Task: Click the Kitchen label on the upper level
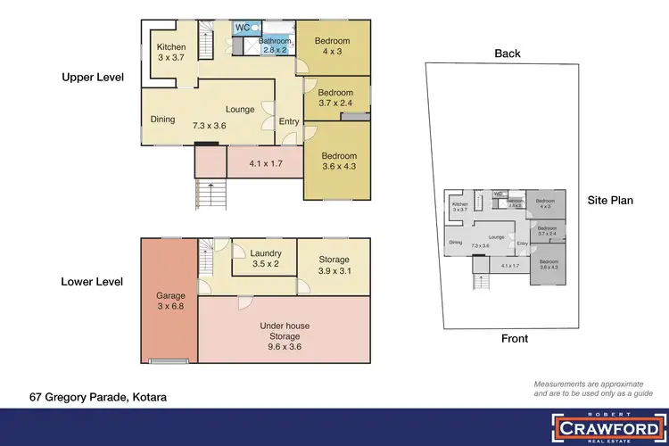click(x=171, y=53)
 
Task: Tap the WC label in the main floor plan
click(x=242, y=28)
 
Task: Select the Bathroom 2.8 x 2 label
click(x=273, y=45)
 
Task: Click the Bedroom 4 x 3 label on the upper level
click(x=332, y=46)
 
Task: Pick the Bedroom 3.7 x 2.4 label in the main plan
click(x=336, y=98)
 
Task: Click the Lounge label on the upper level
click(x=240, y=109)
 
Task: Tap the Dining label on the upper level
click(x=162, y=120)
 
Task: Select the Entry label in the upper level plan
click(x=289, y=121)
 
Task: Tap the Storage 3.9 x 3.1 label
click(x=334, y=266)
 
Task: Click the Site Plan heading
click(x=610, y=200)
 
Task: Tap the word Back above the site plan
click(x=508, y=54)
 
